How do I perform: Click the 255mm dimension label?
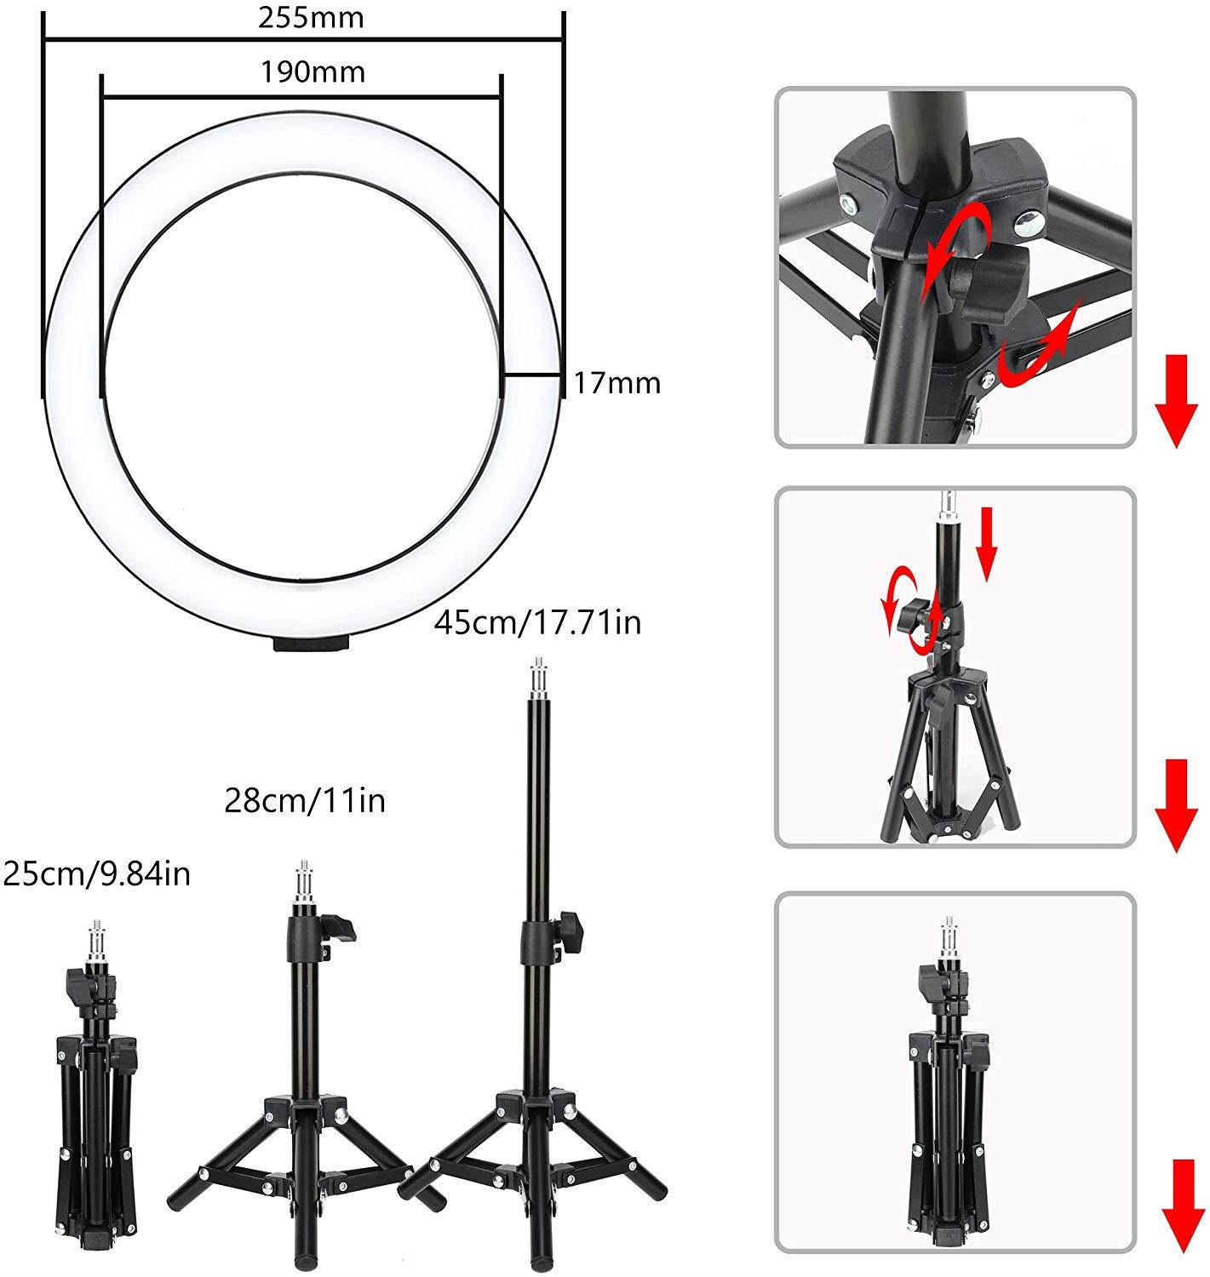point(311,18)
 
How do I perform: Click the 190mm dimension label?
point(313,72)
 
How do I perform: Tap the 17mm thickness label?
point(616,383)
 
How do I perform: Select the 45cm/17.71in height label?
point(537,622)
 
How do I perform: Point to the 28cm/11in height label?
point(305,800)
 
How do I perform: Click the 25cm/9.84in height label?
point(97,873)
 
